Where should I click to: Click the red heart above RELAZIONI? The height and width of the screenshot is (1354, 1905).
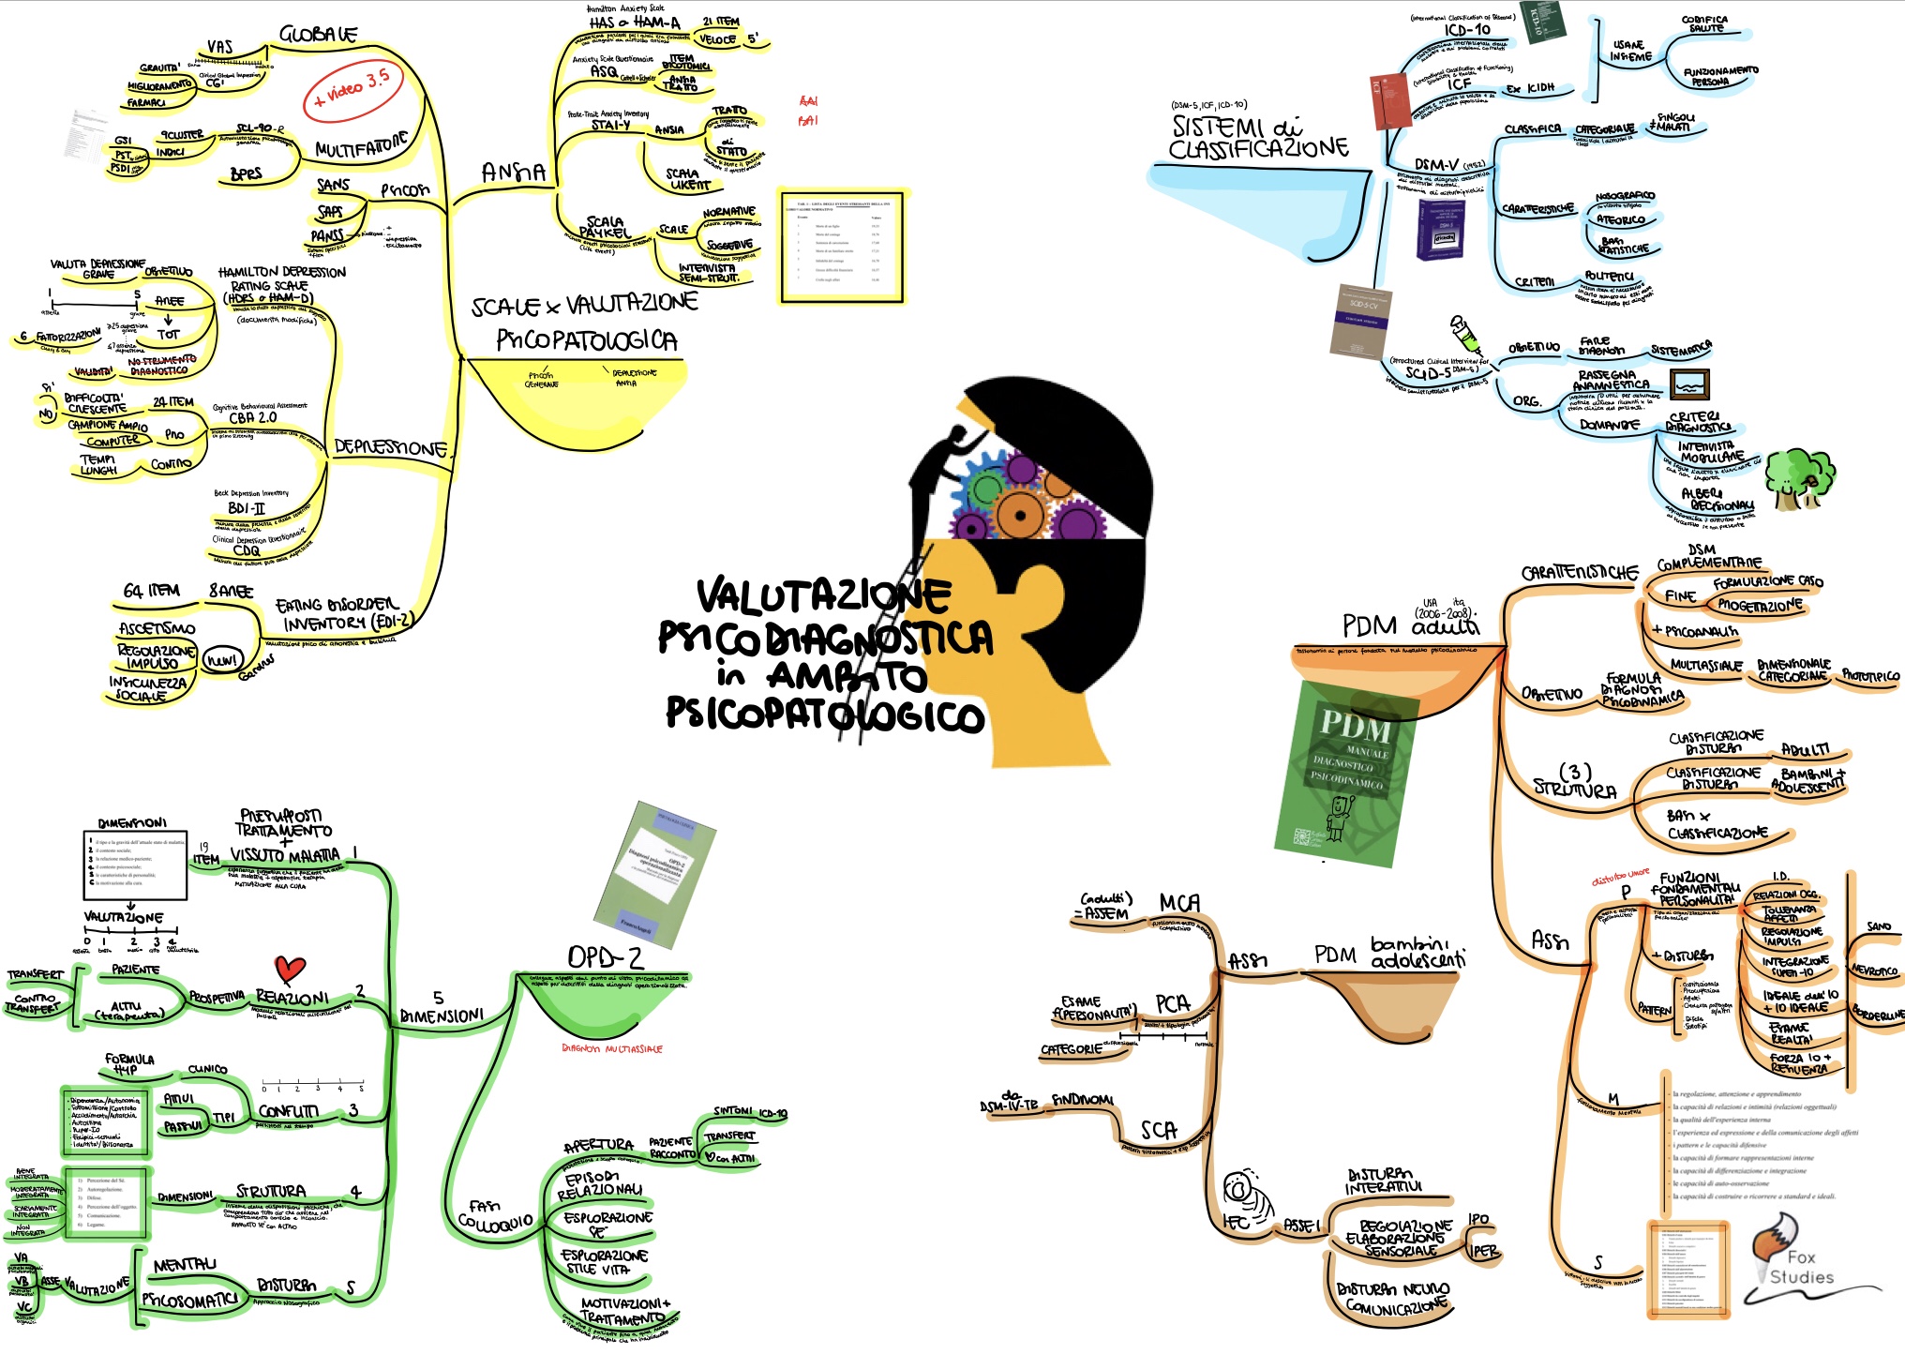coord(290,970)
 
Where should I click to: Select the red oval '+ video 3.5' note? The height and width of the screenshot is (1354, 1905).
coord(352,92)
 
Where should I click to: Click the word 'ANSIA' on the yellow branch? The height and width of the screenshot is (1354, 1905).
coord(513,173)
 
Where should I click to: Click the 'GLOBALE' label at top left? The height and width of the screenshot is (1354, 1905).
coord(318,35)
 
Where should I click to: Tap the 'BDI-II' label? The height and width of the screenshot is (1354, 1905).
coord(247,508)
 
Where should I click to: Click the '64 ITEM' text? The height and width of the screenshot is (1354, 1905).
coord(152,591)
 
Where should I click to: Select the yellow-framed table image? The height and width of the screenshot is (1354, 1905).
coord(841,246)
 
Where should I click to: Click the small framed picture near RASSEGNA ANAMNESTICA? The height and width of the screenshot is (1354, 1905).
coord(1689,384)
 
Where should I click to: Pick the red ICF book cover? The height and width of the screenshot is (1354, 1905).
coord(1390,100)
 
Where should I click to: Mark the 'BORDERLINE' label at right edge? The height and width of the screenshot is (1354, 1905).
coord(1878,1014)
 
